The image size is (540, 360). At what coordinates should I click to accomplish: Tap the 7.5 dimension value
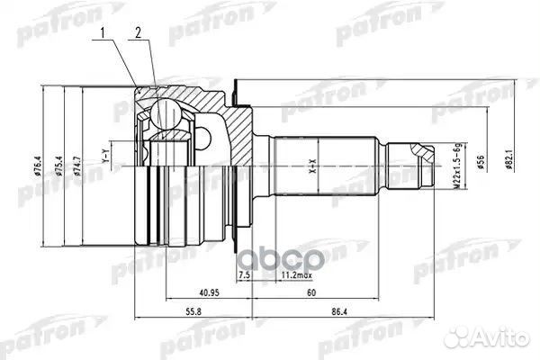point(243,274)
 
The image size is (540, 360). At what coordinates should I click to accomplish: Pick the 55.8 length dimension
point(193,312)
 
